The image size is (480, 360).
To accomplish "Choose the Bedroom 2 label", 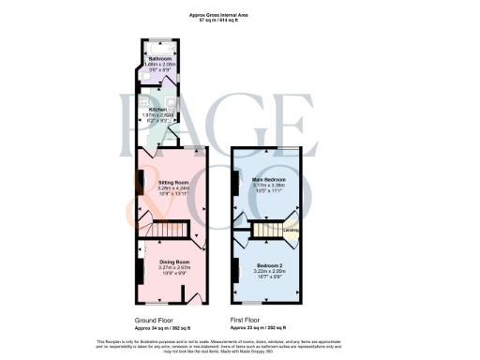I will pos(270,266).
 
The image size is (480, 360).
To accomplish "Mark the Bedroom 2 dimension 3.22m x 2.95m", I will pos(270,273).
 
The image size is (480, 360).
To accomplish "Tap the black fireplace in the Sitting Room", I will pos(140,200).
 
